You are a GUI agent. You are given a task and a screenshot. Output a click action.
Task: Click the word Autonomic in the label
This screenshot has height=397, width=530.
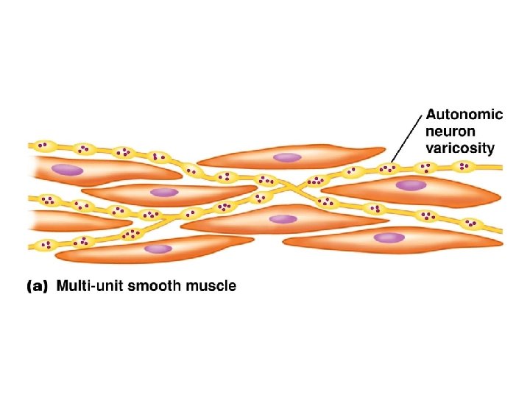point(464,115)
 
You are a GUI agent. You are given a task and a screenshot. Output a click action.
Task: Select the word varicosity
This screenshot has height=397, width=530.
point(461,148)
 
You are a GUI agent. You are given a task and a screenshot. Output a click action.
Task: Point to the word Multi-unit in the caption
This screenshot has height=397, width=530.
point(91,287)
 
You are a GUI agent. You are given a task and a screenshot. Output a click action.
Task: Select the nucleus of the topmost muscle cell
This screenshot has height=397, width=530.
point(287,157)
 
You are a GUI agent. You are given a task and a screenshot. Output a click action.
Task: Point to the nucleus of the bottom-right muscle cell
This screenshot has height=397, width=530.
point(389,237)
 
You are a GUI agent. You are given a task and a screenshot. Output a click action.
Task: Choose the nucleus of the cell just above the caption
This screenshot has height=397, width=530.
point(157,249)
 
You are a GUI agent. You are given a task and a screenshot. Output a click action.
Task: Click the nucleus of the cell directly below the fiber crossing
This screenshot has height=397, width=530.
point(282,218)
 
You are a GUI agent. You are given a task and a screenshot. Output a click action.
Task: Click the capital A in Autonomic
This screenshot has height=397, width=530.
point(433,115)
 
